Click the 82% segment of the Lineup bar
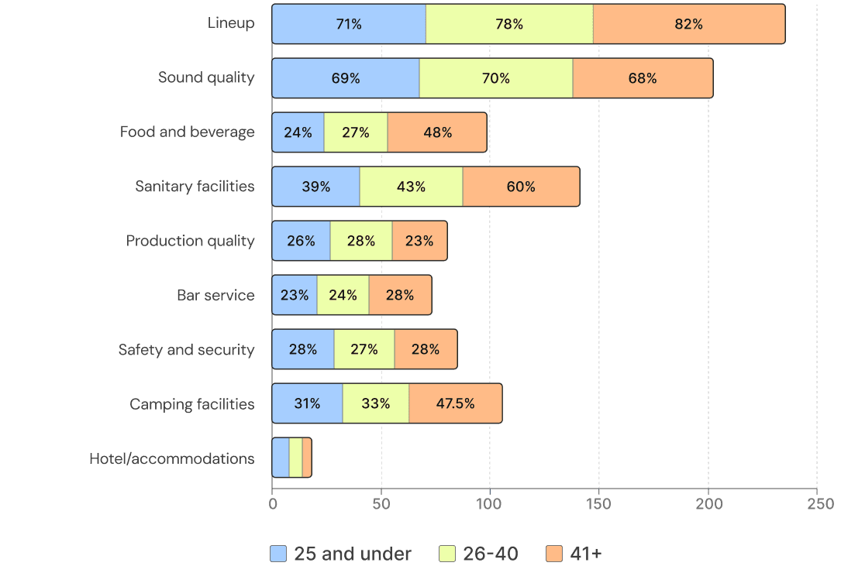[688, 24]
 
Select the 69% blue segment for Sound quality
[346, 78]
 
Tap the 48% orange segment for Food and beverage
[437, 132]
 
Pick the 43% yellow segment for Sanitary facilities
[411, 187]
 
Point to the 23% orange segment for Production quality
[419, 241]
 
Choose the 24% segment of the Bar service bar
[343, 295]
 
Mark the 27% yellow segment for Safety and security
[364, 349]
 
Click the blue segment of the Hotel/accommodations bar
[281, 458]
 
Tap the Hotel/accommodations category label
[171, 458]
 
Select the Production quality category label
[190, 241]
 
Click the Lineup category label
[230, 23]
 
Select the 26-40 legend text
[490, 554]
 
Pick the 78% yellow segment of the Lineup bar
[509, 24]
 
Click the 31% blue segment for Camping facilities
[307, 403]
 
